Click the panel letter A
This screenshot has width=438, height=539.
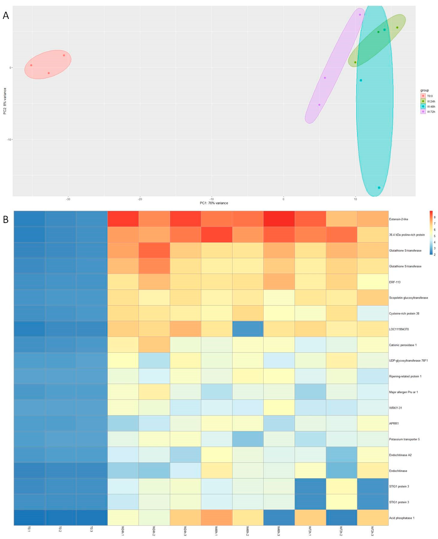[x=6, y=16]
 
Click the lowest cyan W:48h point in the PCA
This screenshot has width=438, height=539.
[x=379, y=188]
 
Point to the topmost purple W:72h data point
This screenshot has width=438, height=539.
[x=360, y=15]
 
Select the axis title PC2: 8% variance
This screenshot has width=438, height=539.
[x=5, y=101]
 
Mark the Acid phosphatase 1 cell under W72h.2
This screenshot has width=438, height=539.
[x=341, y=518]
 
